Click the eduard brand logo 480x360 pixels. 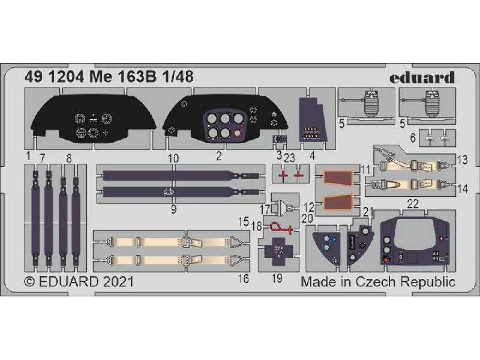[x=422, y=78]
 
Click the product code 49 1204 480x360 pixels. [x=54, y=77]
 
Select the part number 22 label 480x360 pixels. [x=413, y=204]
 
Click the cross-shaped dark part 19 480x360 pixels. [x=278, y=251]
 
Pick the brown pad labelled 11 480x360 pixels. [x=338, y=178]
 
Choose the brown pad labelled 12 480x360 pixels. [x=338, y=203]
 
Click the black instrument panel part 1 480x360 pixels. [x=94, y=118]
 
